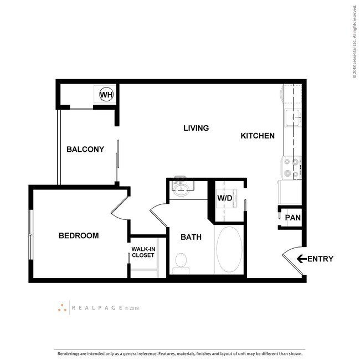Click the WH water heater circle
(x=106, y=95)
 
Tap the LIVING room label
(x=196, y=128)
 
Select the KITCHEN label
(x=258, y=135)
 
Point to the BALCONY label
(x=85, y=149)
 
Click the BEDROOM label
(x=79, y=235)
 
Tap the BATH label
(x=191, y=237)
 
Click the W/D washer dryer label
(x=224, y=198)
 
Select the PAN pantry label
(x=292, y=217)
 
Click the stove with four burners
(x=292, y=167)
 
